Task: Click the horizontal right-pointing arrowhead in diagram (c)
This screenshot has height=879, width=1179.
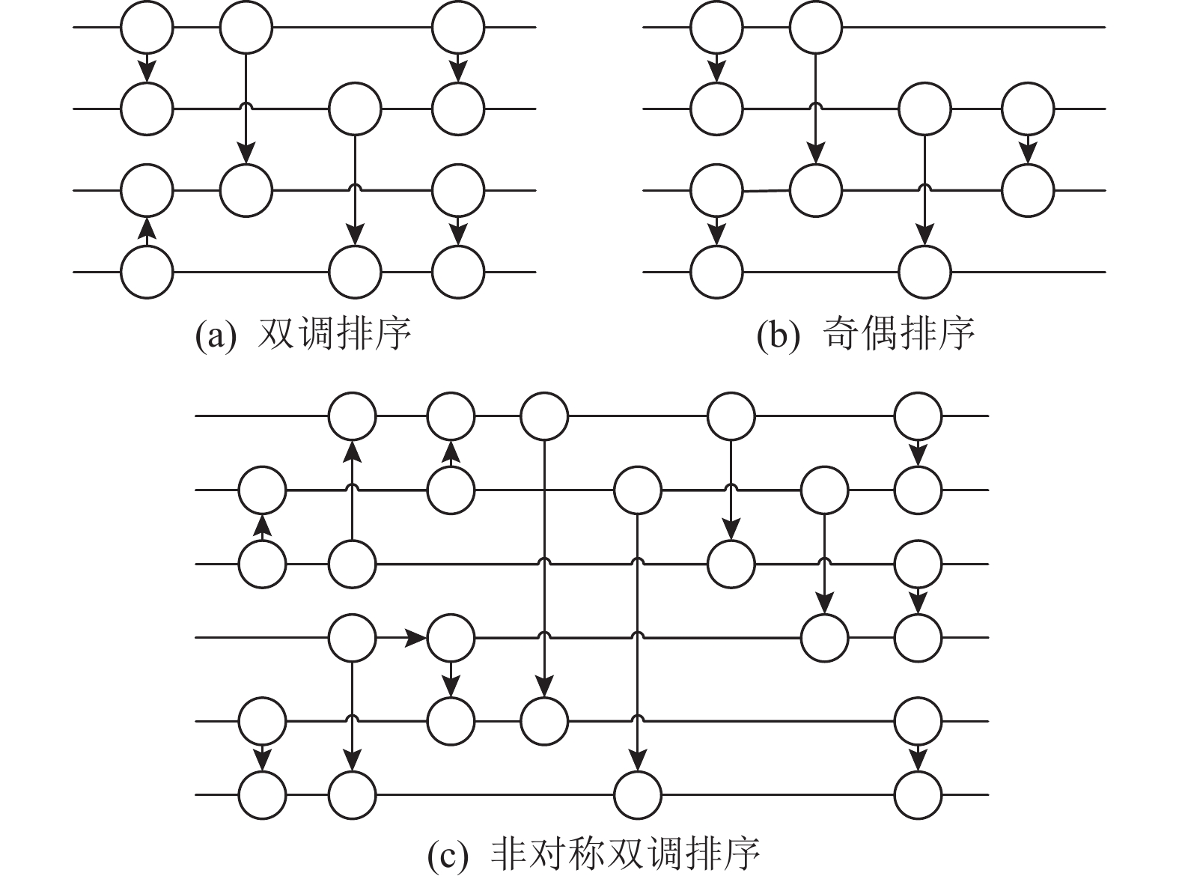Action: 415,638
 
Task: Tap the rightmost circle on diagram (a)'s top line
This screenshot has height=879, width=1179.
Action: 458,27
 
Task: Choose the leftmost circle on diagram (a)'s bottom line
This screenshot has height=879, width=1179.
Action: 147,271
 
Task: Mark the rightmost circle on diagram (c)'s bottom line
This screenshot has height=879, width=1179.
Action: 918,794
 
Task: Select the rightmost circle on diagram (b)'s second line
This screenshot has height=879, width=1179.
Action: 1028,109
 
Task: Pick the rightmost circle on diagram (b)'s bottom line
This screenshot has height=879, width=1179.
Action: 925,271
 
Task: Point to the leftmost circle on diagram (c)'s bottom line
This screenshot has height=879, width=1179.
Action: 262,794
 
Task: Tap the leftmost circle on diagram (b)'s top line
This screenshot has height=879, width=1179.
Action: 716,27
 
